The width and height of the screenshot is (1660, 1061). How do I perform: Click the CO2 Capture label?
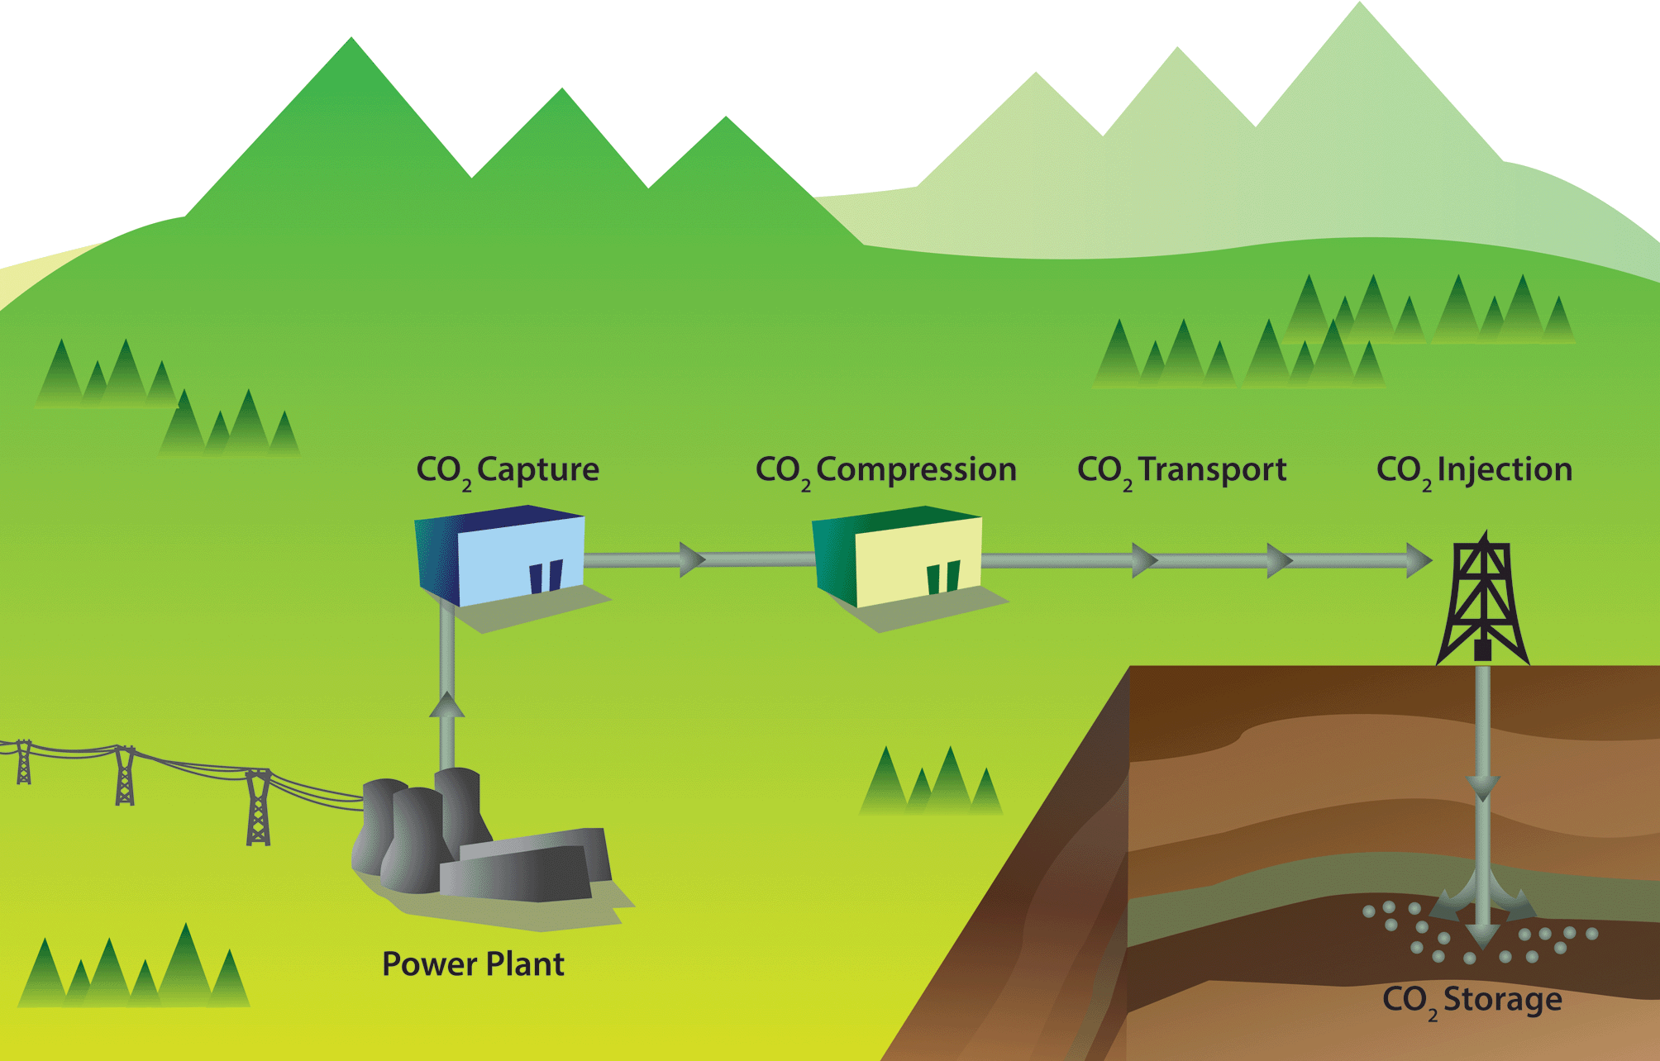(508, 471)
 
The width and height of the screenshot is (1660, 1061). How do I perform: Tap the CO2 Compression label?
(885, 471)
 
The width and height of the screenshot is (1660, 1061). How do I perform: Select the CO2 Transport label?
(1182, 471)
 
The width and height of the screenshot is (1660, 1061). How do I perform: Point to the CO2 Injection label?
(1474, 471)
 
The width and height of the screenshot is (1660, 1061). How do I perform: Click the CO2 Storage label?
(1472, 1001)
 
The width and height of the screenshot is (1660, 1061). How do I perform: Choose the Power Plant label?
(473, 964)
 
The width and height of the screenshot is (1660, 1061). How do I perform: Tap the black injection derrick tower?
(1483, 598)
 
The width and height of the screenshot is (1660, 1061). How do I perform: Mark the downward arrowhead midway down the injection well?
(1483, 788)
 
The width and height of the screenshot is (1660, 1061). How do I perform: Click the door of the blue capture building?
(546, 577)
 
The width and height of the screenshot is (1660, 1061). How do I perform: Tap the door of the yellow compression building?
(943, 578)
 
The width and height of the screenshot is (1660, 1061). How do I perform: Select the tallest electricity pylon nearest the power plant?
(259, 807)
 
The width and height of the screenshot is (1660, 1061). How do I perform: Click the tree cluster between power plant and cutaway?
(931, 780)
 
